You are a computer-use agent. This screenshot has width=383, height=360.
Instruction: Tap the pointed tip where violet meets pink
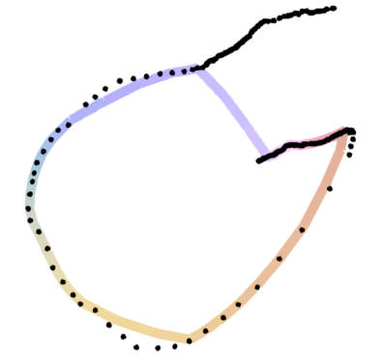263,153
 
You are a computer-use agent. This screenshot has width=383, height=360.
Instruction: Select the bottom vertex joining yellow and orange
190,339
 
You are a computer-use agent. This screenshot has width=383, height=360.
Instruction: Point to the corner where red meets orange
344,138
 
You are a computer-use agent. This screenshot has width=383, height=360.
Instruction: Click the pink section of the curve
286,145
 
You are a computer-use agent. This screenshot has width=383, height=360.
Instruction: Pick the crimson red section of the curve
324,135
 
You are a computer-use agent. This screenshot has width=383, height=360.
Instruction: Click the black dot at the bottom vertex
190,341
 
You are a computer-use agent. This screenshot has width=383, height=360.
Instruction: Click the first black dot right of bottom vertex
205,331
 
